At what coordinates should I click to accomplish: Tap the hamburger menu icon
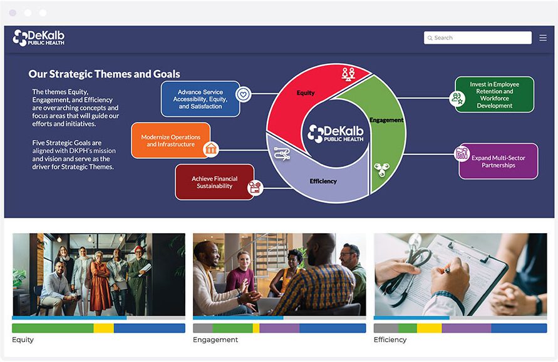point(543,38)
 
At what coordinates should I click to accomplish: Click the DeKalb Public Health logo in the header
point(39,38)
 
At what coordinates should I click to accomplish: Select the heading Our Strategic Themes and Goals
point(104,74)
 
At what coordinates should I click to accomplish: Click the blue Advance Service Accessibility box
point(200,99)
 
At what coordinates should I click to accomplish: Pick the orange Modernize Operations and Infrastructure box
point(170,141)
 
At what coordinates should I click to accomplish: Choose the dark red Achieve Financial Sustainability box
point(214,182)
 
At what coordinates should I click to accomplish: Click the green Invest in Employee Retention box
point(494,95)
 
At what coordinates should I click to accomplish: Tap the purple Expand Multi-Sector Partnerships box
point(499,161)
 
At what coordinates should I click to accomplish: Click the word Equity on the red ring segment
point(306,93)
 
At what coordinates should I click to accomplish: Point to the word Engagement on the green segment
point(386,120)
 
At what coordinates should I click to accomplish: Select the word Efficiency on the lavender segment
point(323,181)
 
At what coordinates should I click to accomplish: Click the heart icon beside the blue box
point(244,94)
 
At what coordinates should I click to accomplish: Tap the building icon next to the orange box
point(211,149)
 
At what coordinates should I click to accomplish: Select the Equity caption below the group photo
point(23,340)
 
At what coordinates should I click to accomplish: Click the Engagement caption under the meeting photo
point(215,340)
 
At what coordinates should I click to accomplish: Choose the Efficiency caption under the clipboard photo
point(390,340)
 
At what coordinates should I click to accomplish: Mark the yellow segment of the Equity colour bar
point(103,328)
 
